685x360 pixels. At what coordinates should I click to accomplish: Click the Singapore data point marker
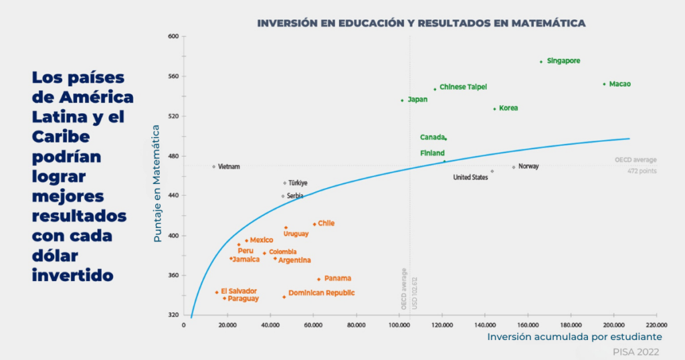tap(541, 62)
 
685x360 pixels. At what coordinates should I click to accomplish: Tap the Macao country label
tap(619, 84)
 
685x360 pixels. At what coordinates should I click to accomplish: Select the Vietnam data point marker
tap(213, 167)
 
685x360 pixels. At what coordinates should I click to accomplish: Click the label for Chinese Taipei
tap(463, 87)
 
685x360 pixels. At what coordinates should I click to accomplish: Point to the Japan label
tap(417, 100)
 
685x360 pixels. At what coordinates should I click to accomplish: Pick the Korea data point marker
tap(495, 108)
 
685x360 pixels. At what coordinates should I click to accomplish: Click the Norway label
tap(528, 167)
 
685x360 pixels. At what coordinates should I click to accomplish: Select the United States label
tap(470, 178)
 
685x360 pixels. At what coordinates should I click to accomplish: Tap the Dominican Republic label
tap(321, 293)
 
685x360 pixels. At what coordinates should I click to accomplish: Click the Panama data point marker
tap(318, 279)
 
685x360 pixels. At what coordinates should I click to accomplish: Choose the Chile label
tap(326, 223)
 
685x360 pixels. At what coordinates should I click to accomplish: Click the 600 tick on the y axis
tap(173, 36)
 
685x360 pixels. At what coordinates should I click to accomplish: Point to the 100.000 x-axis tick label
tap(399, 325)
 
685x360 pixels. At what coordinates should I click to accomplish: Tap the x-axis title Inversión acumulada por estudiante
tap(574, 337)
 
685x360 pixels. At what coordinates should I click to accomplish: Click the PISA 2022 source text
tap(635, 351)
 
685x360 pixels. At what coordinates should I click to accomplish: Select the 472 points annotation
tap(642, 171)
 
